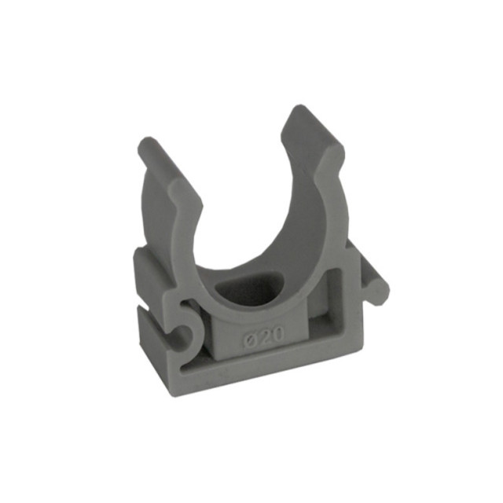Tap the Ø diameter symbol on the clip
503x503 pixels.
click(x=249, y=338)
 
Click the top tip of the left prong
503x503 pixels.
click(x=147, y=139)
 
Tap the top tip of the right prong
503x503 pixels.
click(x=300, y=106)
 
